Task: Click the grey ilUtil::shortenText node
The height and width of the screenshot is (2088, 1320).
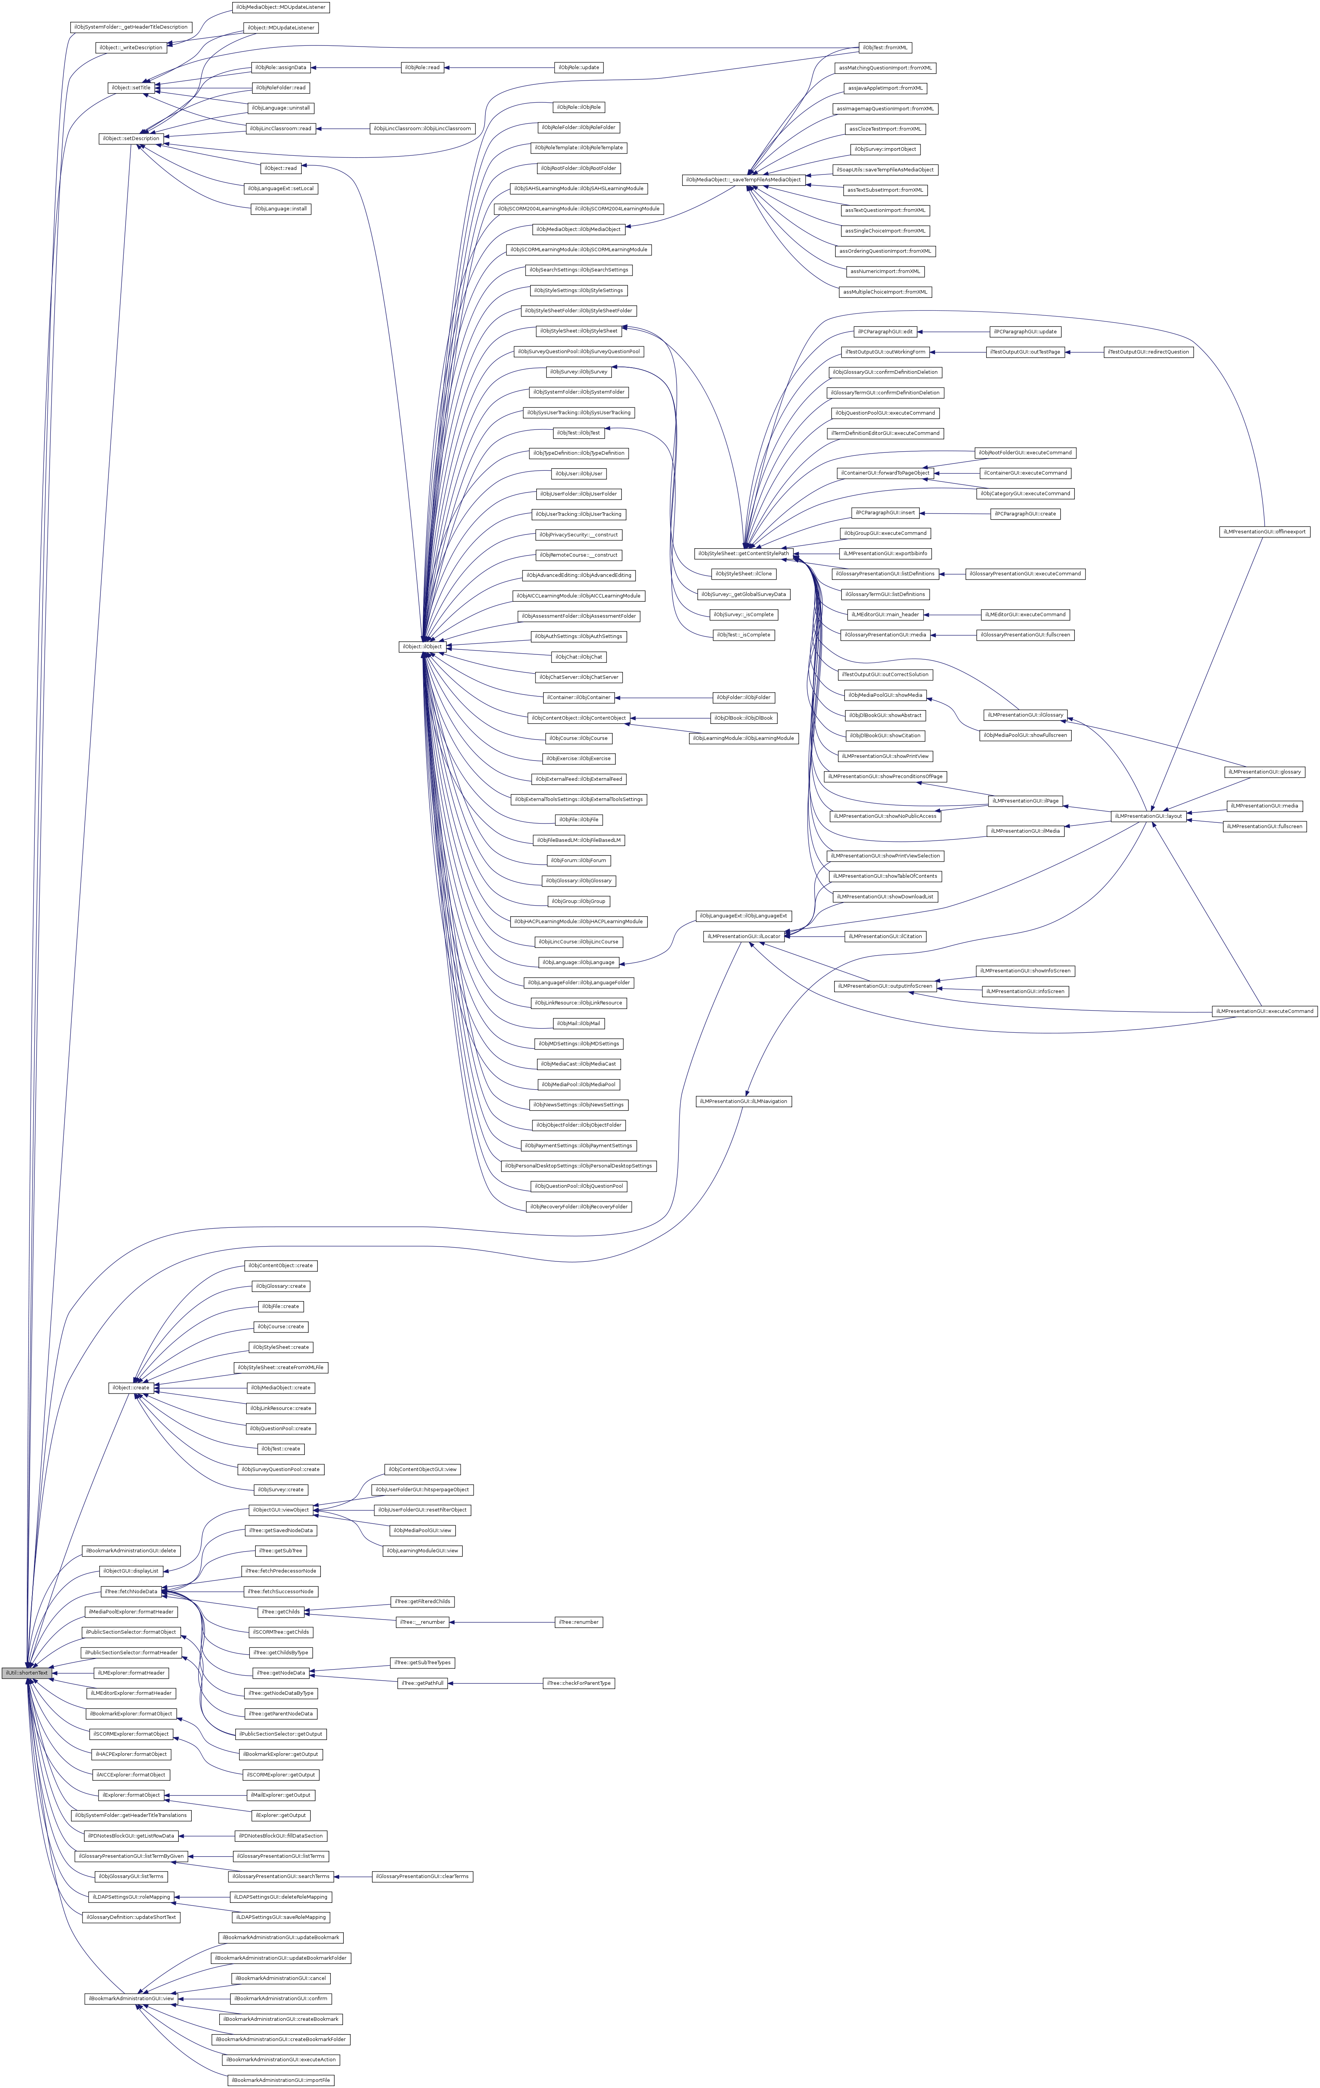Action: pos(26,1673)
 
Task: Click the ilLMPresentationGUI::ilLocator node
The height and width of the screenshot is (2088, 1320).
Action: pos(742,937)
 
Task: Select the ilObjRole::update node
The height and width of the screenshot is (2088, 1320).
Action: pos(579,68)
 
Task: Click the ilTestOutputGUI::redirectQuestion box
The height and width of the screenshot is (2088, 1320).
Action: pos(1148,352)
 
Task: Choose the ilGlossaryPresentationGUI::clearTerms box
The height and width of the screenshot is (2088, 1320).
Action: pos(422,1876)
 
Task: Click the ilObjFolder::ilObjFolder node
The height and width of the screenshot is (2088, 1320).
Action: pos(742,697)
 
